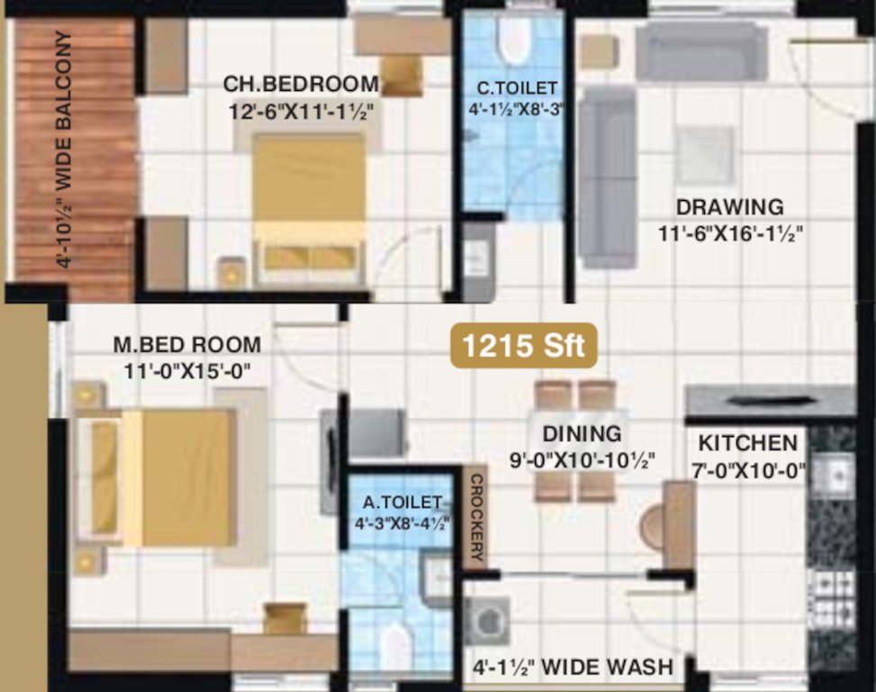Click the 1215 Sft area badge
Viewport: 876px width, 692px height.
tap(524, 345)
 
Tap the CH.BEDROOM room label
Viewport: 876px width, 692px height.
tap(301, 84)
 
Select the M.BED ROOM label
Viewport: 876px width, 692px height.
tap(187, 344)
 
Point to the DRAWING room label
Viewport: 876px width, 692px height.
tap(730, 207)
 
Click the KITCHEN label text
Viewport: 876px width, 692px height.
tap(748, 443)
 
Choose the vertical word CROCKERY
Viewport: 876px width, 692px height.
tap(475, 518)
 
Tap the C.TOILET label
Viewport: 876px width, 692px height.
tap(518, 87)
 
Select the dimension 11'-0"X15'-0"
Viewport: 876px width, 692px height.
tap(187, 370)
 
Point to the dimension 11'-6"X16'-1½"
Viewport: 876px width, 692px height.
tap(730, 233)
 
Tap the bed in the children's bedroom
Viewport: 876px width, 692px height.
tap(309, 203)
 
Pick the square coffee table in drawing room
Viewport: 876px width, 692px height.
tap(704, 154)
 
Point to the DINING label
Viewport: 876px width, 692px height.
tap(582, 434)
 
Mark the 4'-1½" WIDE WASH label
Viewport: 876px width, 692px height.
tap(573, 668)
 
